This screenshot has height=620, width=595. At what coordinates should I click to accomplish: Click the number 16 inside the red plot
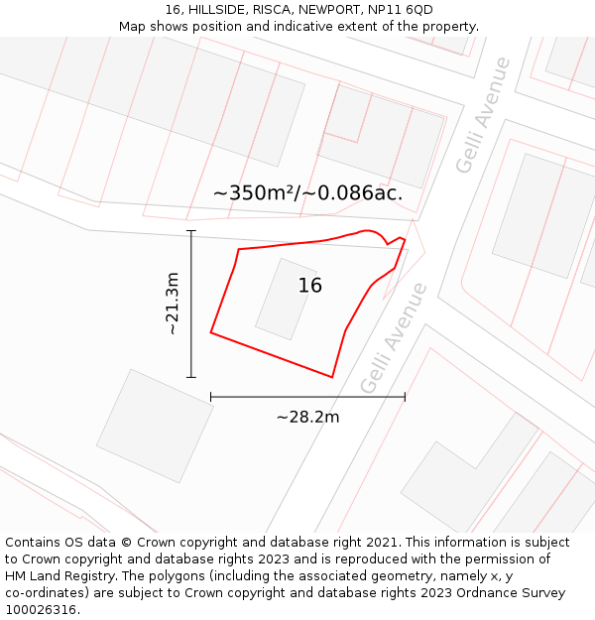point(309,286)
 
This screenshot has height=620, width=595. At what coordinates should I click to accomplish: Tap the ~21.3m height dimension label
point(172,304)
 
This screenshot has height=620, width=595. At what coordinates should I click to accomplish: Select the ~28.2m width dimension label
point(307,417)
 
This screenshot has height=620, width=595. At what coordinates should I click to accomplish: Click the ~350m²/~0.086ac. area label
point(307,193)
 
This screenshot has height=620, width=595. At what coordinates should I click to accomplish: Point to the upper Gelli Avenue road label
point(483,115)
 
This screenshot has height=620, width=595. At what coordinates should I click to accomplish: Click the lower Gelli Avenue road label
point(394,337)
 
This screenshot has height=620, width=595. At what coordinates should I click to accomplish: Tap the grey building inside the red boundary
point(285,300)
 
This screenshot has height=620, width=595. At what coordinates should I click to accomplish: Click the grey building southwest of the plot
point(155,426)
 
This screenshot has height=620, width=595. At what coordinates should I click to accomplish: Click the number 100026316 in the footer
point(39,610)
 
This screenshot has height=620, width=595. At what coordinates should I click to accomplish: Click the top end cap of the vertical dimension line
point(191,231)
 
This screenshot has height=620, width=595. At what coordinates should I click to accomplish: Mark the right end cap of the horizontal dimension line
point(405,397)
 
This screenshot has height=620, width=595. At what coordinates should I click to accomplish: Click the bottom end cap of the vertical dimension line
point(191,377)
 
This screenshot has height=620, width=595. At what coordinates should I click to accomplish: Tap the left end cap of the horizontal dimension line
point(211,397)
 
